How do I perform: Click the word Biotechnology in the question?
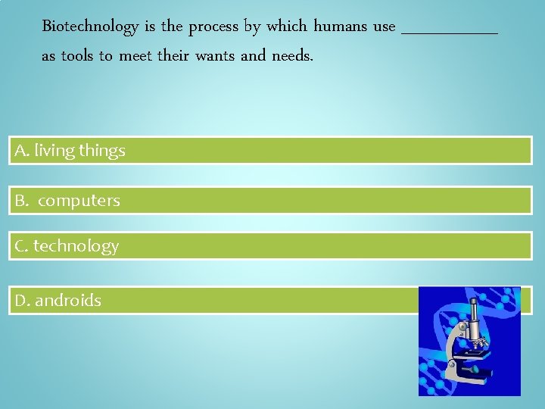pyautogui.click(x=90, y=27)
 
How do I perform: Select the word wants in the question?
pyautogui.click(x=215, y=56)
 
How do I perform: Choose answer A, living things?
pyautogui.click(x=70, y=151)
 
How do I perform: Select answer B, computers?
pyautogui.click(x=68, y=201)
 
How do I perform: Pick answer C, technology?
pyautogui.click(x=67, y=246)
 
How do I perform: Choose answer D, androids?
pyautogui.click(x=58, y=301)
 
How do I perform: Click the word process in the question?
pyautogui.click(x=213, y=27)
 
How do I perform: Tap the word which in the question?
pyautogui.click(x=287, y=27)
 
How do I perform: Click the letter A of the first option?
pyautogui.click(x=20, y=151)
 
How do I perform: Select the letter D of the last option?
pyautogui.click(x=20, y=301)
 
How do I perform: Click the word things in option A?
pyautogui.click(x=102, y=151)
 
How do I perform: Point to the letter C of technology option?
pyautogui.click(x=20, y=246)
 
